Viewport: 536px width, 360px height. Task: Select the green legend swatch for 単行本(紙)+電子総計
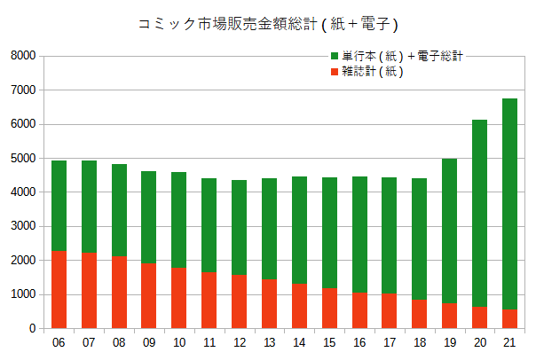point(334,56)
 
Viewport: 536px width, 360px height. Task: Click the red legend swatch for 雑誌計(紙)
point(334,72)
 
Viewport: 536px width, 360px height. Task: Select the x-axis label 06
point(59,342)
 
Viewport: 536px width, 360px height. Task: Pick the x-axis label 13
point(269,342)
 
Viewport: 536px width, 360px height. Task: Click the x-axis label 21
point(509,342)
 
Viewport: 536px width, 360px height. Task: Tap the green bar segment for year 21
point(509,204)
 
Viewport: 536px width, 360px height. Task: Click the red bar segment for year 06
point(59,289)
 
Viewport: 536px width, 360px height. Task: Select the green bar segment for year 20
point(479,213)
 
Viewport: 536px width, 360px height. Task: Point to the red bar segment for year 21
point(509,319)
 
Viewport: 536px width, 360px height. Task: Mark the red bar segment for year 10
point(178,298)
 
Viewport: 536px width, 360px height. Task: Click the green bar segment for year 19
point(449,231)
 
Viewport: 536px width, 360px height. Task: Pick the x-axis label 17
point(389,342)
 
